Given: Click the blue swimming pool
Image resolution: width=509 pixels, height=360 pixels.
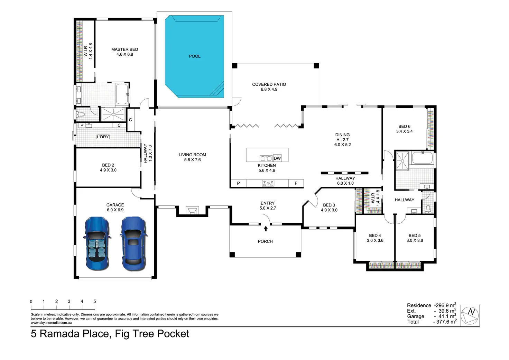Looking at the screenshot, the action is tap(194, 56).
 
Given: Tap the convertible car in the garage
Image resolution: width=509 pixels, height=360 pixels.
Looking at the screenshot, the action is tap(97, 243).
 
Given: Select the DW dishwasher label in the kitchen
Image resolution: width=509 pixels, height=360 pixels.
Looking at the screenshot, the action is tap(277, 158).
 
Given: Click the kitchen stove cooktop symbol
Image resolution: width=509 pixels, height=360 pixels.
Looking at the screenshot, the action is tap(268, 183).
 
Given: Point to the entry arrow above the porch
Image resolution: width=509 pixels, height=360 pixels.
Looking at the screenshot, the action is tap(266, 228).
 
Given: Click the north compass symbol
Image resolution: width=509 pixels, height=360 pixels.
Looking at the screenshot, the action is tap(470, 315).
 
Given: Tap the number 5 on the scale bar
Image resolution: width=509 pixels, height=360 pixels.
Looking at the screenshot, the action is tap(94, 301).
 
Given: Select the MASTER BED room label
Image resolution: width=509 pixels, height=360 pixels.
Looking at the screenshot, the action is tap(124, 49).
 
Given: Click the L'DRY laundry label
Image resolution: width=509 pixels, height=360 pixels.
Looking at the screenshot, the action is tap(103, 137).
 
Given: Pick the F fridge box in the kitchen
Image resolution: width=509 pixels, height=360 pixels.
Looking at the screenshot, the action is tap(296, 183).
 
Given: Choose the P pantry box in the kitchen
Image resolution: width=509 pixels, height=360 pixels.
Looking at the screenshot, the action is tap(238, 183).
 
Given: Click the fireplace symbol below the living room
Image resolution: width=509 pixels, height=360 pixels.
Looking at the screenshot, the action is tap(192, 210).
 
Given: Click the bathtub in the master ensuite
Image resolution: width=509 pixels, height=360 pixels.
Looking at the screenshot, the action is tap(122, 94).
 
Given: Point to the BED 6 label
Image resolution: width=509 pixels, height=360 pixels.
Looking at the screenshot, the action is tap(404, 126).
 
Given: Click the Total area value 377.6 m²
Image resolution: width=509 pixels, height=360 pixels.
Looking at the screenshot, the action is tap(445, 322).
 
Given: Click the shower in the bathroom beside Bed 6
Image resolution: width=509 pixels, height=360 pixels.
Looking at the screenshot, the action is tap(402, 161).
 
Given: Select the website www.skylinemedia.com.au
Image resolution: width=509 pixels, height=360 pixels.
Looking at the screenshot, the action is tap(52, 323).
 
